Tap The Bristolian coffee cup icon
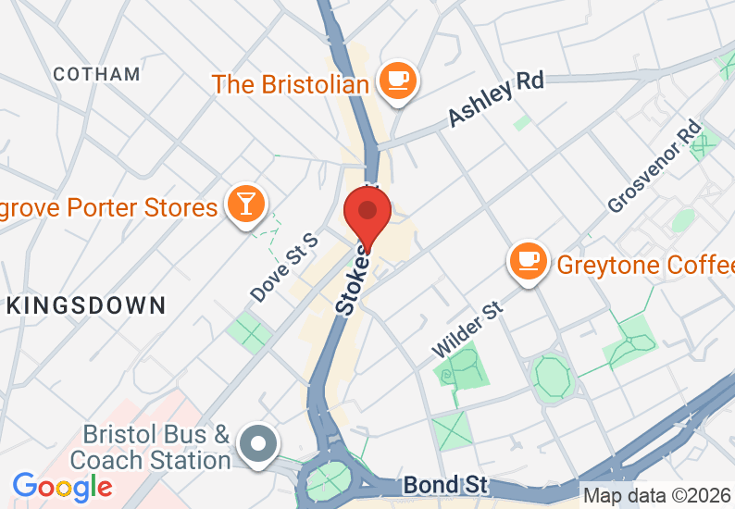tap(399, 80)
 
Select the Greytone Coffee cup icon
tap(528, 261)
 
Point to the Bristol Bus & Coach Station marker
tap(258, 441)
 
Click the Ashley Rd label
tap(495, 99)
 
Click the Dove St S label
tap(283, 267)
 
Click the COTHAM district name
tap(97, 74)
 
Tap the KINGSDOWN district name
tap(85, 305)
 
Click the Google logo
tap(62, 486)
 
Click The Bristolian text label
tap(291, 84)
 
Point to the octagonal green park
tap(552, 376)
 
